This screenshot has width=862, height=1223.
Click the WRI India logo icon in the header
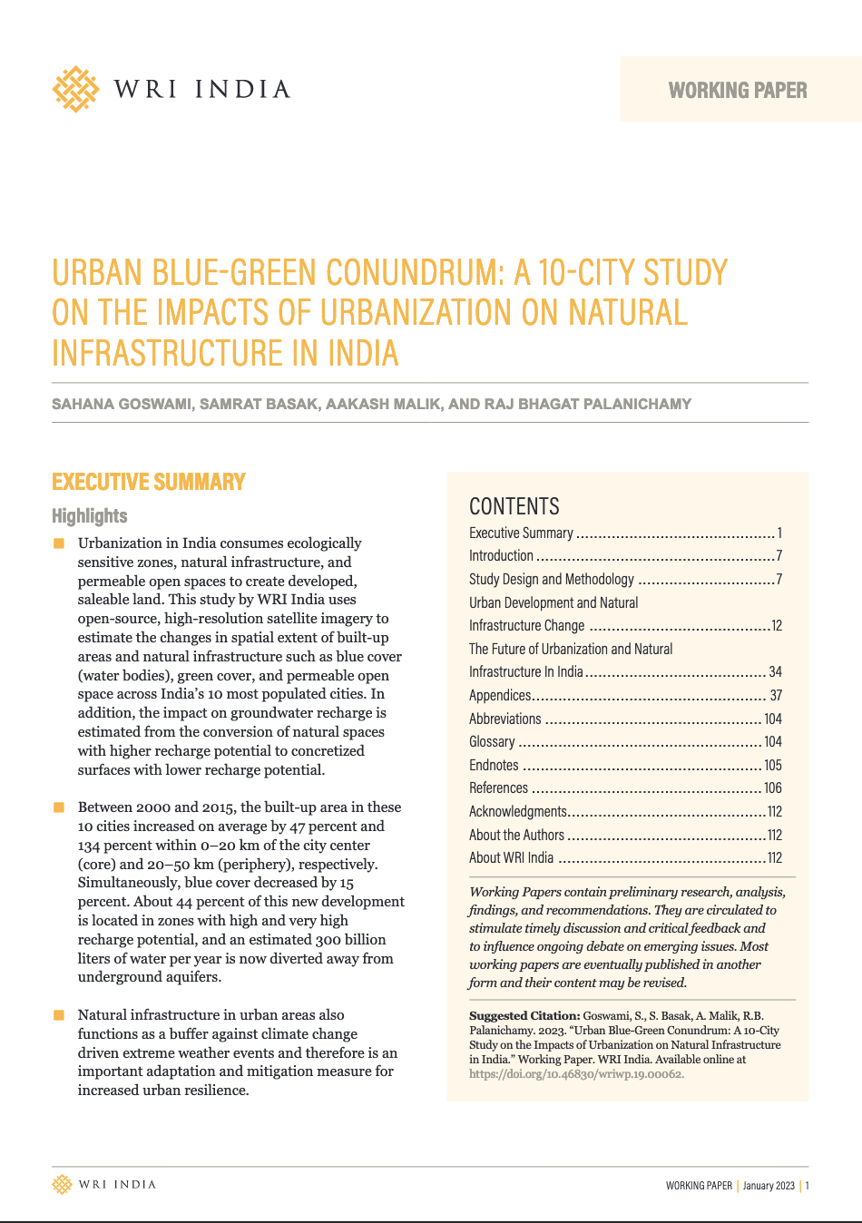(75, 89)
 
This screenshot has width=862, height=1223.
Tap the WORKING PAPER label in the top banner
(738, 91)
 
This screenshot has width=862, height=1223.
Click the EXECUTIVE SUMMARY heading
(149, 482)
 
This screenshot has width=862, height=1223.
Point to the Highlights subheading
(90, 516)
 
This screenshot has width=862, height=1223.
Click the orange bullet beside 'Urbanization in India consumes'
(59, 543)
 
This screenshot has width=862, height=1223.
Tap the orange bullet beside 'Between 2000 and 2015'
(59, 807)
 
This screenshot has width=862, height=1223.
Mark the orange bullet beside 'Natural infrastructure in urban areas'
(59, 1015)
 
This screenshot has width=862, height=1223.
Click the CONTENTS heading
(514, 506)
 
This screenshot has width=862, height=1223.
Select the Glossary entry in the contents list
(492, 741)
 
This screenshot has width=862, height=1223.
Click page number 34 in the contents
(775, 672)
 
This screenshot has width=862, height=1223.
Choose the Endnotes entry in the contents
(494, 765)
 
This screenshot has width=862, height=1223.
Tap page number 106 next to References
(772, 788)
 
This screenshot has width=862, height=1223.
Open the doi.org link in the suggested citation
(576, 1074)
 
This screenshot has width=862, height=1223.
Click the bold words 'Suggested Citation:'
(524, 1016)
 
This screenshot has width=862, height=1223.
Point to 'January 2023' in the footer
(769, 1186)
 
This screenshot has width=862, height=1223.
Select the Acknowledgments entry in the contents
(517, 811)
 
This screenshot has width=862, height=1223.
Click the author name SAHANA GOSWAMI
(122, 404)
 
